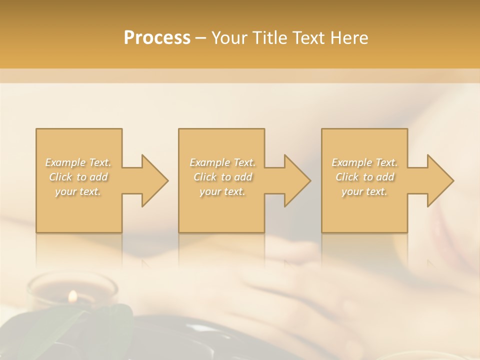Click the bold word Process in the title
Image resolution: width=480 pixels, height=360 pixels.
157,38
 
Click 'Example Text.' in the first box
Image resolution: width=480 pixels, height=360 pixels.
78,162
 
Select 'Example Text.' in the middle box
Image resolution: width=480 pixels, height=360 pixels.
222,162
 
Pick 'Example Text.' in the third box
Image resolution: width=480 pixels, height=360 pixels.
364,162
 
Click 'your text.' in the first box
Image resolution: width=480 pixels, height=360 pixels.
78,191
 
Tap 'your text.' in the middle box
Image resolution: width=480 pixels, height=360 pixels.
222,191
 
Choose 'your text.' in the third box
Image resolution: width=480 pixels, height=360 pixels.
364,191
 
